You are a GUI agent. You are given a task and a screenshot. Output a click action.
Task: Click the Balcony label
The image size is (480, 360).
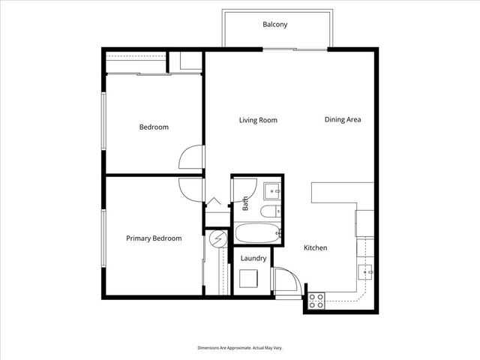275,25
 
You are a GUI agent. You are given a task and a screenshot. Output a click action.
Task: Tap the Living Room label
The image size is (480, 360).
258,120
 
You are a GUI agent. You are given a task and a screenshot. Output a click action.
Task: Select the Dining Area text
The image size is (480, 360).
343,120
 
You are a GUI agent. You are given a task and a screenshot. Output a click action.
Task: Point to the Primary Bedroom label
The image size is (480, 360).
154,238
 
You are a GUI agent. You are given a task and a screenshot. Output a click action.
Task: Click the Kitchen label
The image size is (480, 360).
315,247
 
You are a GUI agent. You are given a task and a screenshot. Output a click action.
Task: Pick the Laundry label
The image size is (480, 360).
253,259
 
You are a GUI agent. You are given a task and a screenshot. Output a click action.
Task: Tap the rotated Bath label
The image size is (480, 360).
245,203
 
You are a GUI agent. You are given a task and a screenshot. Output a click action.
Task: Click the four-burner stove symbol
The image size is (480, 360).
316,301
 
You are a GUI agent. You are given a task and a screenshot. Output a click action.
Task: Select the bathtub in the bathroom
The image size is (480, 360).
257,233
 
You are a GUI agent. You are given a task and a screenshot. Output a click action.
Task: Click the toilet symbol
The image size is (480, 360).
270,211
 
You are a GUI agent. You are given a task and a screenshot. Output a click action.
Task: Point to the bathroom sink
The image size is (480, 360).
272,191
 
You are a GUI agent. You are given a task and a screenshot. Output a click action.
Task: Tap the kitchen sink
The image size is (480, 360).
365,272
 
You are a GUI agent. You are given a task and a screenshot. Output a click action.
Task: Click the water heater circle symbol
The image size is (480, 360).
218,238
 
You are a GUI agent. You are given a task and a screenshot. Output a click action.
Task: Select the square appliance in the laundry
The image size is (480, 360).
248,278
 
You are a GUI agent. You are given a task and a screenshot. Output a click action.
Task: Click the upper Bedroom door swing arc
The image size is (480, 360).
190,157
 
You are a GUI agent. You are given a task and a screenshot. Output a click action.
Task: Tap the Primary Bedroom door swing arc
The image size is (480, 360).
191,190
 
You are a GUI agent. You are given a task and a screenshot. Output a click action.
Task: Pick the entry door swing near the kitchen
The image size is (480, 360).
286,280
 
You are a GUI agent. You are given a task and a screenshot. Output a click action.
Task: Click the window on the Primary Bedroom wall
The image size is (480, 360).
103,238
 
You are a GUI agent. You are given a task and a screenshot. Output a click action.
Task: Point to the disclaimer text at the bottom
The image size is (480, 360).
240,348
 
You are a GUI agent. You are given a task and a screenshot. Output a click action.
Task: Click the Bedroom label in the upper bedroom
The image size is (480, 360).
154,127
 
